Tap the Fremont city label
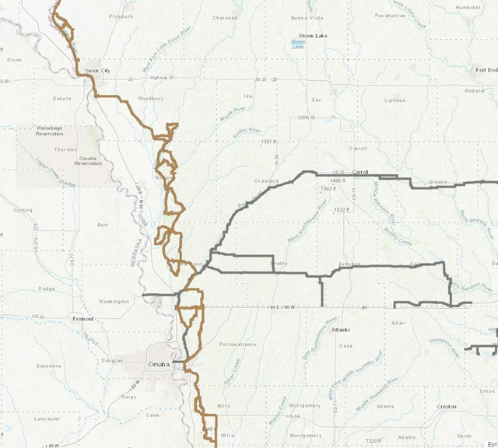[x=82, y=319]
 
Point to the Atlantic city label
[x=340, y=330]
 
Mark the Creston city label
[x=447, y=407]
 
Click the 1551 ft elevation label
[x=269, y=142]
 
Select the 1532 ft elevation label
[x=340, y=209]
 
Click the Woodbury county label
[x=150, y=99]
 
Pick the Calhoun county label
[x=395, y=100]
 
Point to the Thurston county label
[x=65, y=149]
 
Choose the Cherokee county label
[x=224, y=17]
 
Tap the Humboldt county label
[x=470, y=8]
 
